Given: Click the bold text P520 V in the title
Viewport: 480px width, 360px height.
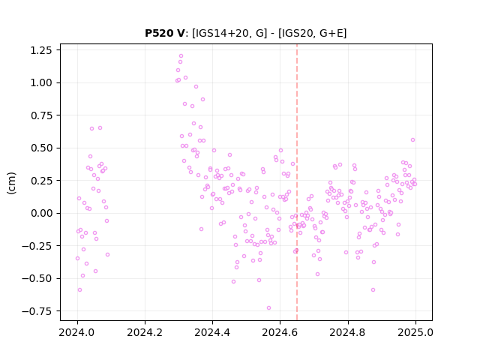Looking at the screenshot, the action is [x=164, y=33].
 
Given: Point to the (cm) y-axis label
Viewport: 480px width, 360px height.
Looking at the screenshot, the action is [x=11, y=183].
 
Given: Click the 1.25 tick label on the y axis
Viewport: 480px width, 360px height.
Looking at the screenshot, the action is [x=41, y=50].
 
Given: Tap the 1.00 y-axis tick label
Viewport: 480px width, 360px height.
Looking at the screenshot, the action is [x=41, y=82].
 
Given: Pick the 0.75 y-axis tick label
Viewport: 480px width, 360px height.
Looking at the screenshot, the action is [x=41, y=115].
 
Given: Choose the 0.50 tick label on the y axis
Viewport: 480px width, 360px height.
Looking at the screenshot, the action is [x=41, y=148].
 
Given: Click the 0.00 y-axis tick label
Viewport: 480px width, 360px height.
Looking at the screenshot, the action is [x=41, y=213].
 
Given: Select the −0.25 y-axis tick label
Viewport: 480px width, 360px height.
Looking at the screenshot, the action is [x=37, y=246].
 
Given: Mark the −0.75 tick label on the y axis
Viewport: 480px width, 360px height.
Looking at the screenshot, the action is [x=37, y=311].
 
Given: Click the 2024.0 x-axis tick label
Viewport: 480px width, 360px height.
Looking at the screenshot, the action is [x=77, y=332].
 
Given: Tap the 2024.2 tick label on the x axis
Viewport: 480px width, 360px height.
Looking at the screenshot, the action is [x=145, y=332].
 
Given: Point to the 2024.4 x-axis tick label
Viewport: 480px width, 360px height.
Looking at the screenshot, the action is [x=212, y=332].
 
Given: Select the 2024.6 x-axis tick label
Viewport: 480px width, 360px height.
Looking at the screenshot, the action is [x=280, y=332].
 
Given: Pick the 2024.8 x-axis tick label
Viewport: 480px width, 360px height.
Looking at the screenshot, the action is [x=348, y=332].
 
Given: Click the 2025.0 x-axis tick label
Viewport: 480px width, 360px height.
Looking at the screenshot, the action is [x=415, y=332].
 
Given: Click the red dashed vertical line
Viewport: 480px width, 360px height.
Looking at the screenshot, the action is [x=297, y=182].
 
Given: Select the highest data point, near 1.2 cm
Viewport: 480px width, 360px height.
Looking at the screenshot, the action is [x=181, y=56].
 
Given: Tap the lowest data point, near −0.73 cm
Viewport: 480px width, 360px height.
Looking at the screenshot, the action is [x=268, y=308].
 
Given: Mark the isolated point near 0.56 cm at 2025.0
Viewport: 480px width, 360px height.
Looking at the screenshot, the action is [x=413, y=140].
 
